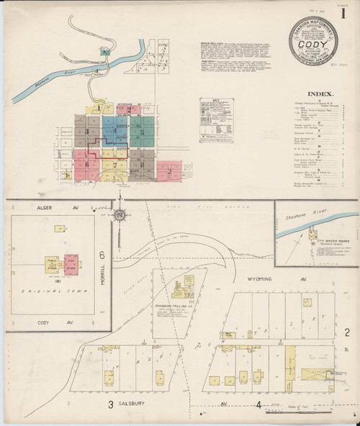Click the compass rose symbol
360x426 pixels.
(x=124, y=213)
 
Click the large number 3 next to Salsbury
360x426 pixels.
(x=112, y=404)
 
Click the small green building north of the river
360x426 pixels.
(x=106, y=52)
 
